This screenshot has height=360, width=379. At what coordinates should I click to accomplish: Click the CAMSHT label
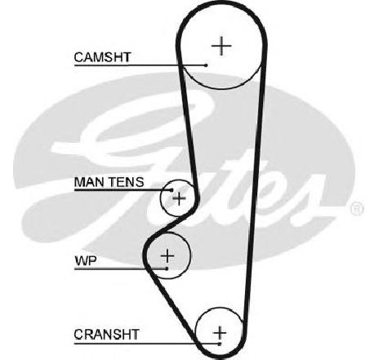click(x=103, y=57)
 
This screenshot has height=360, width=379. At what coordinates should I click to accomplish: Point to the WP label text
click(x=86, y=261)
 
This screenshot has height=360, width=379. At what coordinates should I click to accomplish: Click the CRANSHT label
click(x=106, y=335)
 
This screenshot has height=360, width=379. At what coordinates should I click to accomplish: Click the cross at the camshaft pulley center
click(x=221, y=46)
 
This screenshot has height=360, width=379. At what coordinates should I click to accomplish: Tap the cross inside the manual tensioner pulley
click(x=179, y=198)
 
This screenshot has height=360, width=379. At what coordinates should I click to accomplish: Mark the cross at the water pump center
click(x=167, y=256)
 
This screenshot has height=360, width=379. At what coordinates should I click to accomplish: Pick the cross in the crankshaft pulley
click(x=220, y=332)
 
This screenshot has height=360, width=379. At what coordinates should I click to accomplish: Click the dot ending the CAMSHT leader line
click(x=206, y=65)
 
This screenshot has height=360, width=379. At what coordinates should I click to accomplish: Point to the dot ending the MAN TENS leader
click(x=172, y=190)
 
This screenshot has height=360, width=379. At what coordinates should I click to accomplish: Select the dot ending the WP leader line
click(x=167, y=269)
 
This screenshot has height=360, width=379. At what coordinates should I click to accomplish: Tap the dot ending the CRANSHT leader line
click(x=220, y=344)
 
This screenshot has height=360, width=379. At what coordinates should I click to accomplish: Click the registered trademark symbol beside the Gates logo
click(x=357, y=209)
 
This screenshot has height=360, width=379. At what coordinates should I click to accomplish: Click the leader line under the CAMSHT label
click(x=140, y=65)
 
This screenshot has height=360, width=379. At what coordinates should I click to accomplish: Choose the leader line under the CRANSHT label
click(x=147, y=344)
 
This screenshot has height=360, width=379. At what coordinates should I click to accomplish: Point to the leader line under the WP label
click(x=120, y=269)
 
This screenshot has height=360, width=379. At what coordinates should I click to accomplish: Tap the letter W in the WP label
click(x=81, y=261)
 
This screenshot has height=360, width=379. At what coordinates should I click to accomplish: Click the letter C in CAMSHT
click(x=79, y=57)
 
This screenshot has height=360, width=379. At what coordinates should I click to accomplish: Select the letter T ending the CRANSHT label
click(x=134, y=335)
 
